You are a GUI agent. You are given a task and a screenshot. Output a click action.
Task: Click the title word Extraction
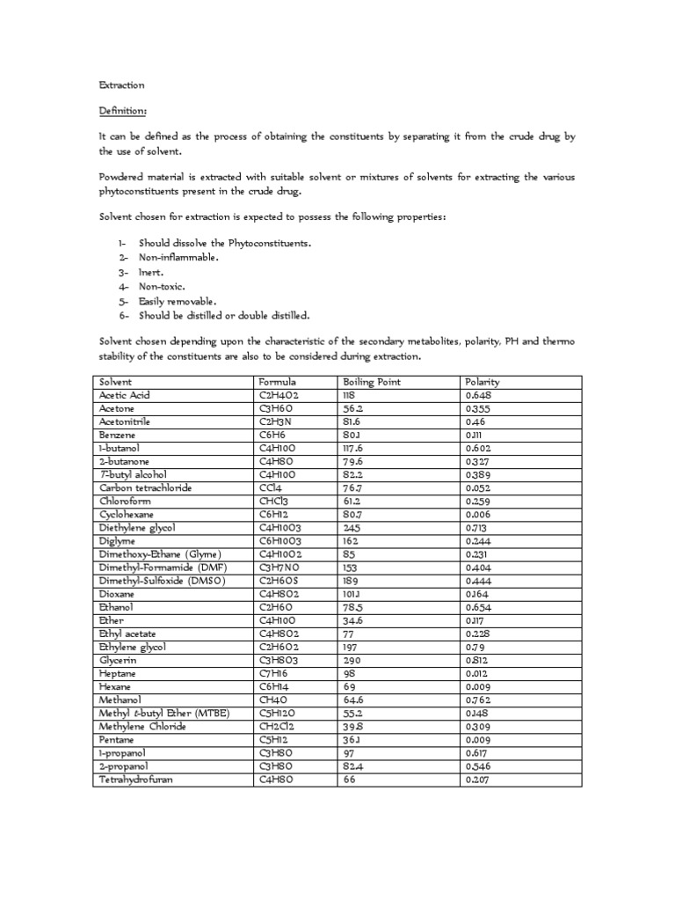tap(120, 85)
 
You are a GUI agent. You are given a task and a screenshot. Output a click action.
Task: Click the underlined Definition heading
tap(122, 112)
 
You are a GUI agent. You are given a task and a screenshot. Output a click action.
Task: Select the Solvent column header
tap(115, 382)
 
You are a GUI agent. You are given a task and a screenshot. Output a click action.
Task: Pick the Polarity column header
tap(482, 382)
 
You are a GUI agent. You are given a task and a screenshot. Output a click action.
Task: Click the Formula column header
tap(277, 382)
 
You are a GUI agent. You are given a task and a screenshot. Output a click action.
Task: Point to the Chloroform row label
tap(125, 501)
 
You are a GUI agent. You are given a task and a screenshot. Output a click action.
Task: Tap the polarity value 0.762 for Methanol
tap(479, 700)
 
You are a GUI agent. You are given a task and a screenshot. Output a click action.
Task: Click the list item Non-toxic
tap(162, 286)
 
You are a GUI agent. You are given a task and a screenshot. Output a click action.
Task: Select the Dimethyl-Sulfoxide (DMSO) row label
tap(163, 580)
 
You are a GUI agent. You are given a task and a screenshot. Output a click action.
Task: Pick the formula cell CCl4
tap(269, 487)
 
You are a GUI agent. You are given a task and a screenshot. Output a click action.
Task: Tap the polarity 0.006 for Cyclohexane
tap(479, 514)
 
